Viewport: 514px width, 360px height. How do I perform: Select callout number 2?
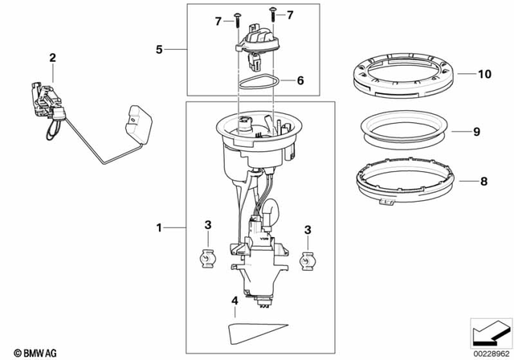(x=52, y=57)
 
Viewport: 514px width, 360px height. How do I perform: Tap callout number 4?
(x=234, y=301)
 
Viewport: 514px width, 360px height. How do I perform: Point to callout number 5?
(x=159, y=50)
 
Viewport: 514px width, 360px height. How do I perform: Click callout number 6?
(x=300, y=80)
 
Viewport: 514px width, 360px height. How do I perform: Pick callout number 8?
(x=483, y=182)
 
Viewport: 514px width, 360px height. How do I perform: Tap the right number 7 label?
(x=290, y=15)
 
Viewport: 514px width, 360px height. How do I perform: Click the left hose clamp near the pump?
(x=208, y=259)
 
